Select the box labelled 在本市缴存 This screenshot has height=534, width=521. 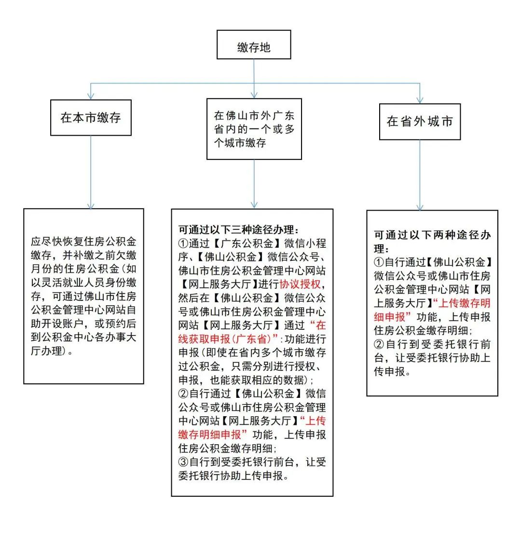click(x=90, y=117)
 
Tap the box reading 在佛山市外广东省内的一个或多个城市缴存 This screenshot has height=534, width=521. click(x=254, y=129)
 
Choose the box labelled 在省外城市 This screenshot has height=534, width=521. click(x=420, y=122)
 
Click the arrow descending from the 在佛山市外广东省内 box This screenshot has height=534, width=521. click(x=254, y=183)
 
